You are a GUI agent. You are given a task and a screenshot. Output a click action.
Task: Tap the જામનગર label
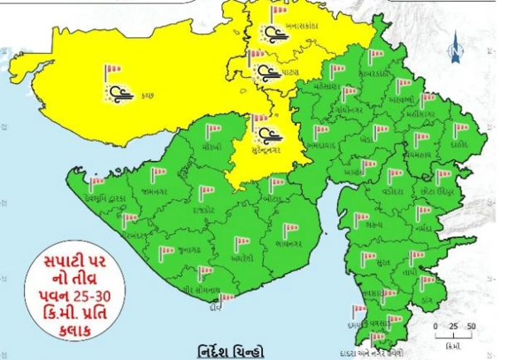(x=155, y=192)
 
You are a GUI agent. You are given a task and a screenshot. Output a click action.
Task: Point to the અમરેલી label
(x=241, y=258)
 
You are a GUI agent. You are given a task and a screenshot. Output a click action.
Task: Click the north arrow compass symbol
(x=454, y=51)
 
